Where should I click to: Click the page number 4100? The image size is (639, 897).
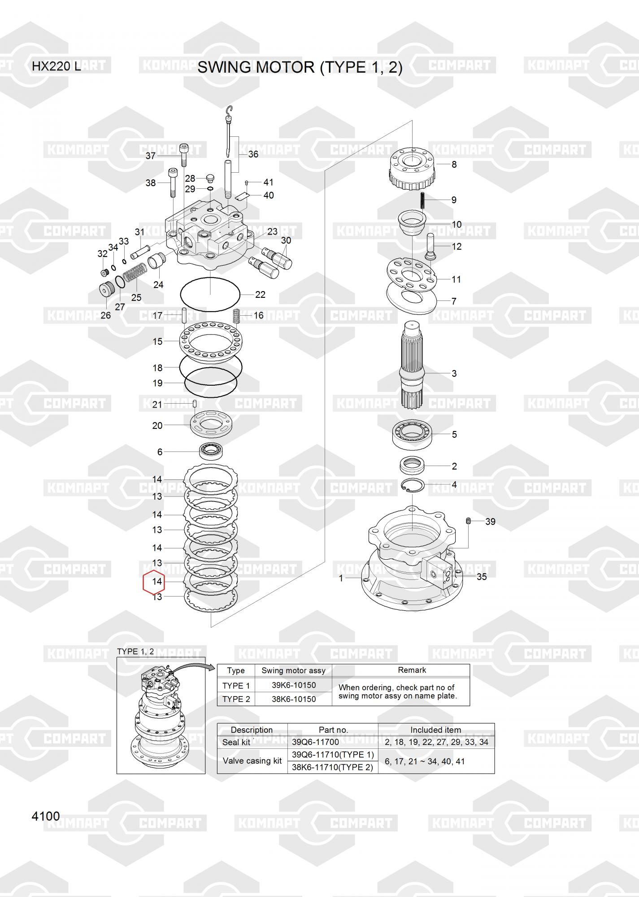[45, 816]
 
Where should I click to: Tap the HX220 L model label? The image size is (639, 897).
[57, 66]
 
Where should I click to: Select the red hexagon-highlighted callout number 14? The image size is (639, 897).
[156, 582]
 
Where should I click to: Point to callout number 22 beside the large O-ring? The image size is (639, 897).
[260, 295]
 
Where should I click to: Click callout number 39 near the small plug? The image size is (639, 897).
[490, 522]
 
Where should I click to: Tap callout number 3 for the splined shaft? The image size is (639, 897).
[454, 373]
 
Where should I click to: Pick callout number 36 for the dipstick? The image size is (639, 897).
[253, 154]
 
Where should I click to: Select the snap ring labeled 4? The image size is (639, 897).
[413, 486]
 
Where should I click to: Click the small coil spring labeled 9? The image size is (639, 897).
[423, 200]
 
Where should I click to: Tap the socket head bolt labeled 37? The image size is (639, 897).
[184, 155]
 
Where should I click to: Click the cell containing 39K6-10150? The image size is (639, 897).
[293, 685]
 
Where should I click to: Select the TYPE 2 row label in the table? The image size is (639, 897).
[236, 699]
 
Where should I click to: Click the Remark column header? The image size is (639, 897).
[412, 670]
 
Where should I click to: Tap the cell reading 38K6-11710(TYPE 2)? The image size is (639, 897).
[332, 767]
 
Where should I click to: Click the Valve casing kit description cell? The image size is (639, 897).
[252, 761]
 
